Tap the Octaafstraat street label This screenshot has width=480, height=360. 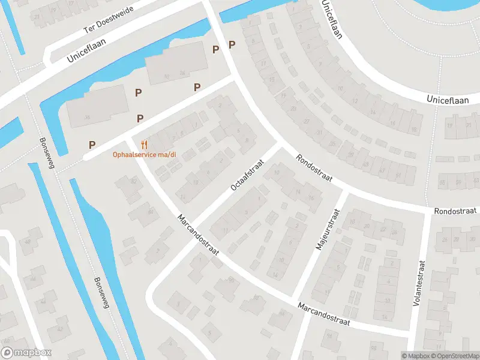coord(247,175)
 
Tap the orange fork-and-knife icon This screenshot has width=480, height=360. coord(143,145)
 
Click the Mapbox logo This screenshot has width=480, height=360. coord(26,353)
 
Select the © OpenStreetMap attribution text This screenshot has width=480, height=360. coord(454,356)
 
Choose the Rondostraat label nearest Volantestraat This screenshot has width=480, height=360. coord(455,211)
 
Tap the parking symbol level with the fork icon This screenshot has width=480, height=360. coord(92,145)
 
